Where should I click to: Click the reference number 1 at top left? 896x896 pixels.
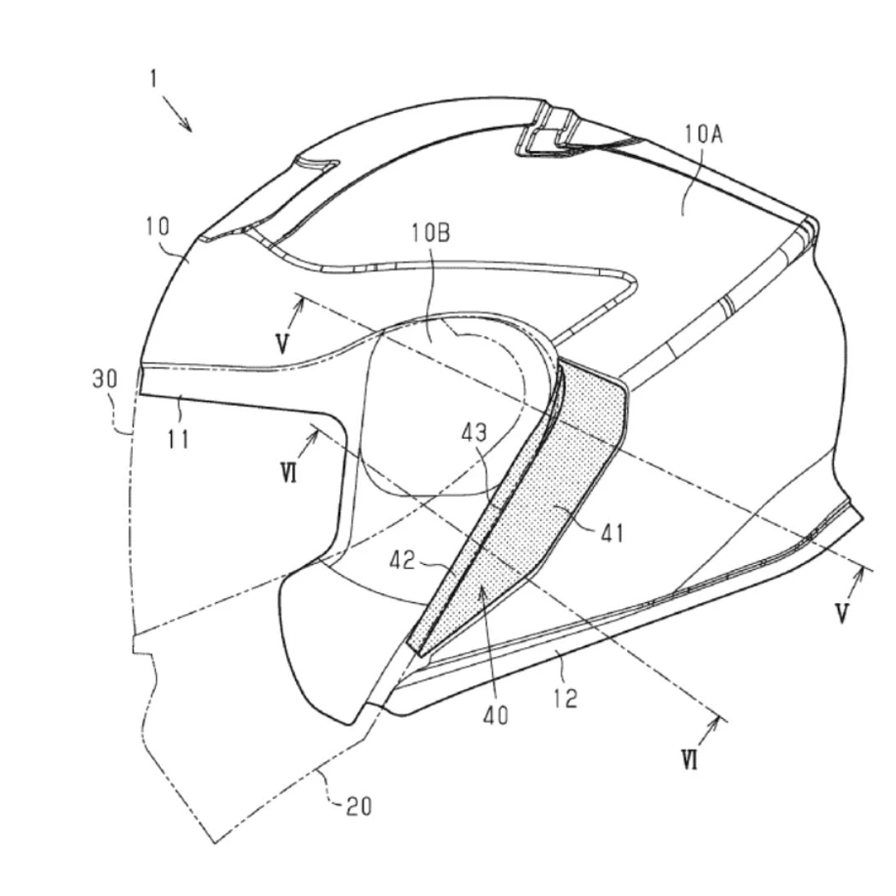click(153, 78)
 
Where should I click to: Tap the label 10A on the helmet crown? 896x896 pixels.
click(704, 135)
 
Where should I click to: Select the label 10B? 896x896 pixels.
click(431, 233)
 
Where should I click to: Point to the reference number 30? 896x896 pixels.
click(105, 379)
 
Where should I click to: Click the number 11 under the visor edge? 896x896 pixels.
click(178, 440)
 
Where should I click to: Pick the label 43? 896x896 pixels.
click(475, 432)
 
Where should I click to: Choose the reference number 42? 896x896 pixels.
click(402, 561)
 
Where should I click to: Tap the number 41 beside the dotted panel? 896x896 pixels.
click(612, 534)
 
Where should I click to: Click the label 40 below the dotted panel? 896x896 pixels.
click(495, 715)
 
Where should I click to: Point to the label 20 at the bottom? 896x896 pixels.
click(359, 806)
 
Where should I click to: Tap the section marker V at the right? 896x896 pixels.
click(841, 613)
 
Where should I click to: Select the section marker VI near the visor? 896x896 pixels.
click(290, 473)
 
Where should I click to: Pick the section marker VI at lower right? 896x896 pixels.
click(689, 760)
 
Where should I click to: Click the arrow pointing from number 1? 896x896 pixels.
click(177, 113)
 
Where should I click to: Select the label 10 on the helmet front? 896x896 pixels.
click(158, 226)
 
